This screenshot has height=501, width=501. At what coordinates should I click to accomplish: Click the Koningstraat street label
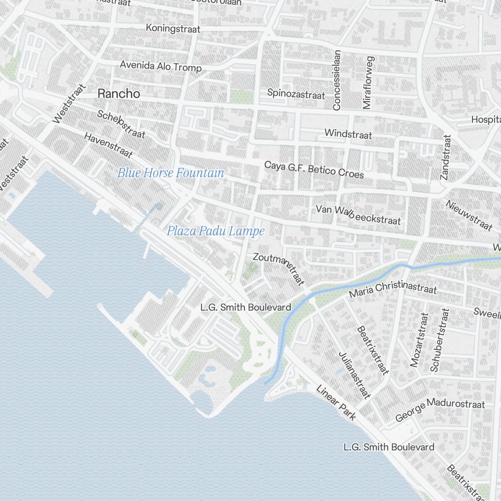[x=173, y=28]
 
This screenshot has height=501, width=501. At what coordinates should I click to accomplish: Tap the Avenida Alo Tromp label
[x=160, y=66]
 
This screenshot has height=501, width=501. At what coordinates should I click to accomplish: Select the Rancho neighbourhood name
[x=119, y=93]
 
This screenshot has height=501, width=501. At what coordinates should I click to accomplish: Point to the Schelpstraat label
[x=121, y=124]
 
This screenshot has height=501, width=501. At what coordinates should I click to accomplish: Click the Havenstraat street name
[x=108, y=145]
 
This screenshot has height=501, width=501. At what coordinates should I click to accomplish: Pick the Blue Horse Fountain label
[x=170, y=173]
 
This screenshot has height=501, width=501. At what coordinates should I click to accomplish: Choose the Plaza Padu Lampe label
[x=215, y=231]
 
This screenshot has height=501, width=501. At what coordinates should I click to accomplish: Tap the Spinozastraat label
[x=296, y=93]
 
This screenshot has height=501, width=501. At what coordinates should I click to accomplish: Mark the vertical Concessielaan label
[x=337, y=80]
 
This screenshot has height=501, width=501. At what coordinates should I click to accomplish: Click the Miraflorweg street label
[x=368, y=83]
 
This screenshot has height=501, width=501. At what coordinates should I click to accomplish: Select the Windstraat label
[x=348, y=134]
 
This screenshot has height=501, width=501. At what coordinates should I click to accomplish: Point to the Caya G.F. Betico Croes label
[x=314, y=169]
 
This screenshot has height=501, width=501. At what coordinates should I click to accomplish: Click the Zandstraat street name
[x=445, y=157]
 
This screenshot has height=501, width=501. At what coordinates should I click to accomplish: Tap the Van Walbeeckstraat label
[x=358, y=214]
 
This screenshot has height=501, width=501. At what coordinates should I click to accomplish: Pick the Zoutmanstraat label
[x=279, y=270]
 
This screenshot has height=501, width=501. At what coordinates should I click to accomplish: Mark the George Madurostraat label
[x=440, y=410]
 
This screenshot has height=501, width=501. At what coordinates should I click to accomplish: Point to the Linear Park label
[x=336, y=402]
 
